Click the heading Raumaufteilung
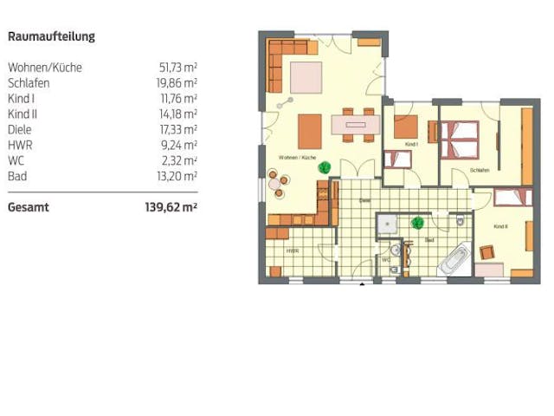click(x=51, y=36)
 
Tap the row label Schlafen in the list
click(x=29, y=82)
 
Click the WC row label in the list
click(x=16, y=160)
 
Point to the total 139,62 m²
click(x=171, y=207)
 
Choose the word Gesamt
click(x=29, y=207)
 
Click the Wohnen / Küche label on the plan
click(x=297, y=158)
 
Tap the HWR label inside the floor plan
click(x=293, y=250)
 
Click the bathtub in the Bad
click(x=455, y=257)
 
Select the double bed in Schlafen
click(x=460, y=140)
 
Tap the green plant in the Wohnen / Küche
click(x=324, y=168)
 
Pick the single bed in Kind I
click(x=398, y=159)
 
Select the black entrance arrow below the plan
click(x=363, y=285)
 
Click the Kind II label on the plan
click(x=500, y=226)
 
